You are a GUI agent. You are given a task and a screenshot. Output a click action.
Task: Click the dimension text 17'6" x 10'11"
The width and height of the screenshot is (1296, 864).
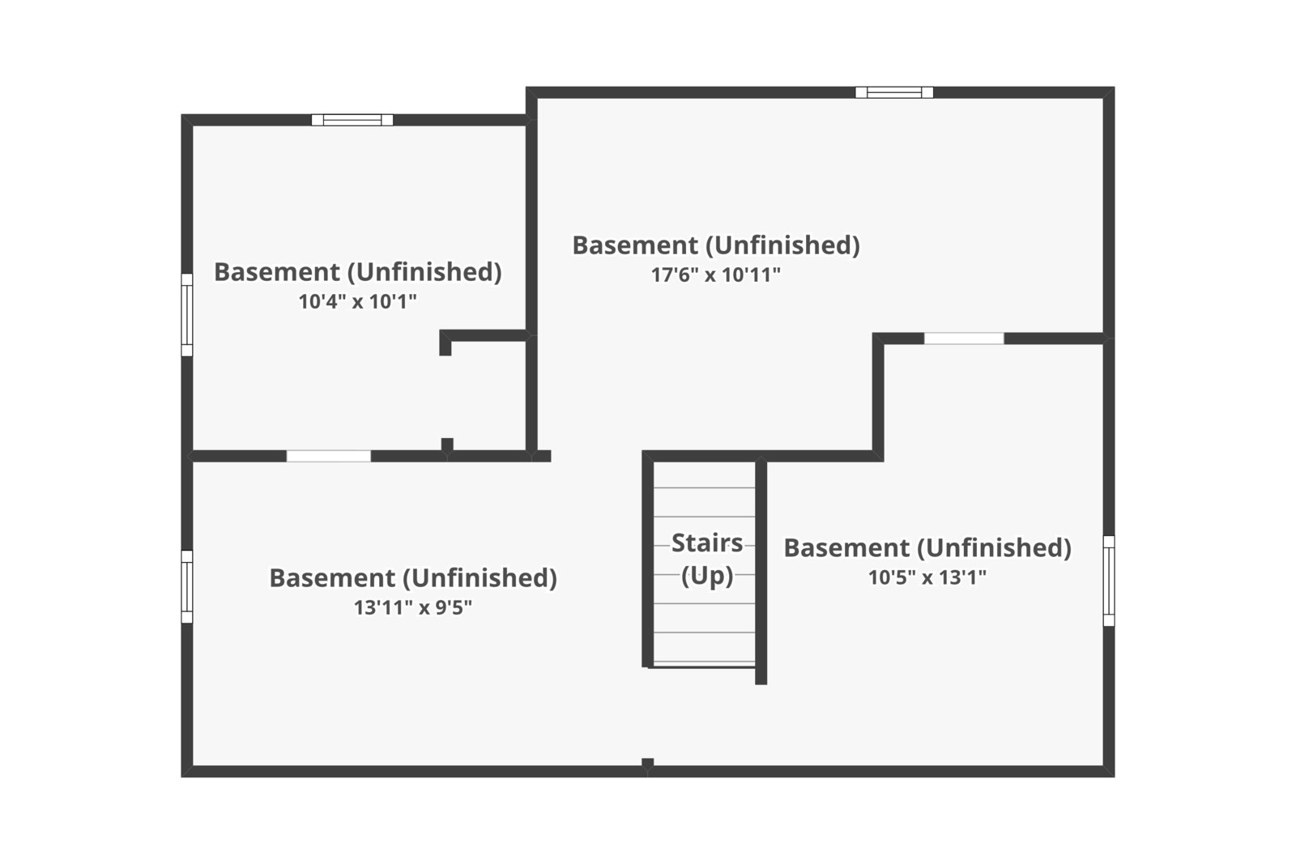coord(715,275)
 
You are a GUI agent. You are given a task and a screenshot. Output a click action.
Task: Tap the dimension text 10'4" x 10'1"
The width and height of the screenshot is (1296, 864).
coord(357,302)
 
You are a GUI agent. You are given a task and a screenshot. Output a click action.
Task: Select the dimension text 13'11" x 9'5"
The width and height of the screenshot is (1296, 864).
coord(412,607)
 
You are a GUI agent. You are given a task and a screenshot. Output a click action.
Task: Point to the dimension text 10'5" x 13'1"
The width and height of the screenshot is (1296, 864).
coord(927,577)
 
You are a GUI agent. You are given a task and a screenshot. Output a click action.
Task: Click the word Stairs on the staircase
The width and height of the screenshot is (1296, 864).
coord(706,543)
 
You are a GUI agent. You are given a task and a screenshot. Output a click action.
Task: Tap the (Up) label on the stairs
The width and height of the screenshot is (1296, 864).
coord(706,575)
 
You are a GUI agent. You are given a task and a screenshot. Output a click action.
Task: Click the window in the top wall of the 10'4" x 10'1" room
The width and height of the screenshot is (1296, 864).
coord(352,120)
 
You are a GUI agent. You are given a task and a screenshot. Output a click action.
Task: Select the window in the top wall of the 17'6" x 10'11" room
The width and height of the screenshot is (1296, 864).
coord(894,92)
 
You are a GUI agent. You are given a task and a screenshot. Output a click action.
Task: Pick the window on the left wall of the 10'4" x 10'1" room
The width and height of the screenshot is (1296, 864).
coord(187,315)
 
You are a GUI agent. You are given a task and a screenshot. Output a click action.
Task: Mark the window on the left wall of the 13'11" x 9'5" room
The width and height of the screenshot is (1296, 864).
coord(187,586)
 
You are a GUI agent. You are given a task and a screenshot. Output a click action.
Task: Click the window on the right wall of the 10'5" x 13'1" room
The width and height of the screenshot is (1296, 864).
coord(1109,581)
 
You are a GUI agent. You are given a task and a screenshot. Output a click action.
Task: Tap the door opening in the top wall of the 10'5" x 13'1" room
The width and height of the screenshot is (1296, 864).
coord(964,338)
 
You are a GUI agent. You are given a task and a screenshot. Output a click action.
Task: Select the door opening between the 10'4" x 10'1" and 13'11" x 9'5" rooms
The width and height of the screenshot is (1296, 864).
coord(329,456)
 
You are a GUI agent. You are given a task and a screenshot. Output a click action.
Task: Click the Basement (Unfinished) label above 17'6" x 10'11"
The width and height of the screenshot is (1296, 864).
coord(715,245)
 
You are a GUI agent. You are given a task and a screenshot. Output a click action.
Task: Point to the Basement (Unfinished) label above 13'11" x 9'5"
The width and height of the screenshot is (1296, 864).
coord(412,577)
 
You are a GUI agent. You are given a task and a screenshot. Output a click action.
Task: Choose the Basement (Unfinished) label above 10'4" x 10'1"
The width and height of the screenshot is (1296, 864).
coord(357,271)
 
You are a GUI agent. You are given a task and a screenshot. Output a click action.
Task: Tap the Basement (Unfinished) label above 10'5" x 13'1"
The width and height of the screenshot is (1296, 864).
coord(927,547)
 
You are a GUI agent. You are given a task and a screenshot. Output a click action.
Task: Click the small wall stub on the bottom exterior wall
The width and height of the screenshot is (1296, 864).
coord(647,764)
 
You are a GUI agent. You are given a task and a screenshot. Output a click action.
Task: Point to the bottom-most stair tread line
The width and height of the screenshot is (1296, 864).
coord(704,662)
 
